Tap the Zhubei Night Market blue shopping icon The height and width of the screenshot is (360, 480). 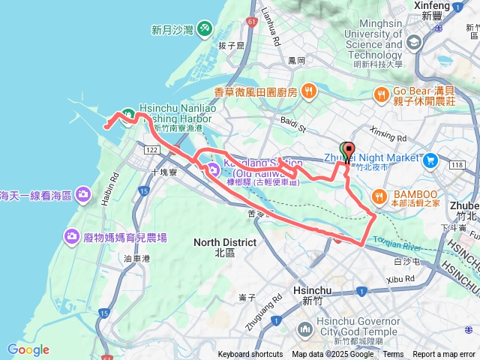[430, 160]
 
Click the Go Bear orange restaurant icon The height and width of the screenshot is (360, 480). [382, 94]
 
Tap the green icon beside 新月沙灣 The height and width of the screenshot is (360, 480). [205, 29]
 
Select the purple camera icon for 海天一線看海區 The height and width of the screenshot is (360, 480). [82, 195]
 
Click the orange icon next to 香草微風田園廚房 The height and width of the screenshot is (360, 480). [308, 91]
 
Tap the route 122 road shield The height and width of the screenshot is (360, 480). [151, 151]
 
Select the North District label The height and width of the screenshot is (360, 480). [224, 247]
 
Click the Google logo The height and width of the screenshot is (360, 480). [28, 349]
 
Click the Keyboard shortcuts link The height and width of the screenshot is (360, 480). [250, 355]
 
